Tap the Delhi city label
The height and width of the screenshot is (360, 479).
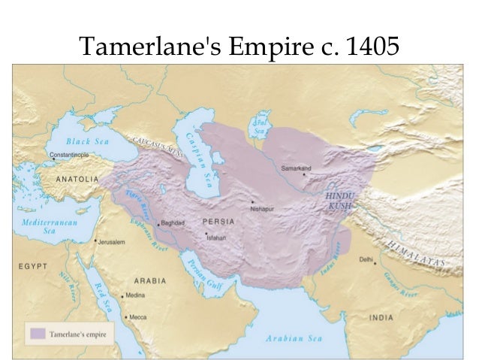[366, 259]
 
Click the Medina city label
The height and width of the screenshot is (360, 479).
[136, 295]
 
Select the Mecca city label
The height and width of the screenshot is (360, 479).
[139, 317]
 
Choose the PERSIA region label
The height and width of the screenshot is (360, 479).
[218, 222]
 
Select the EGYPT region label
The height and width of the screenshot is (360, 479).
[34, 266]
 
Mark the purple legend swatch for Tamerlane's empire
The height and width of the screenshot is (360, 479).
[37, 331]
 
